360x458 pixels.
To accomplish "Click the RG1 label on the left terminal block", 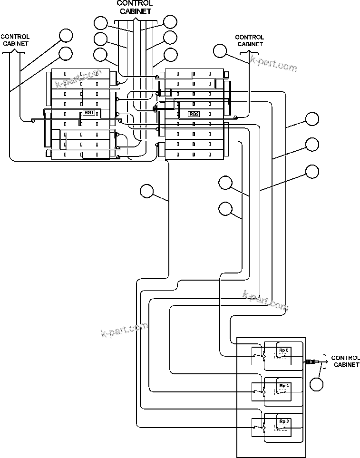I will (89, 112).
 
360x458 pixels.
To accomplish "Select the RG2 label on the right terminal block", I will (194, 114).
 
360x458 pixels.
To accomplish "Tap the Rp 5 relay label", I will (283, 351).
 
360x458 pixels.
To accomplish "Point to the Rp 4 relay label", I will (284, 385).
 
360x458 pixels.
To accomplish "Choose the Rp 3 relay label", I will (284, 421).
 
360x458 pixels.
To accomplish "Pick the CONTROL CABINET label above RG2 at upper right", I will (249, 40).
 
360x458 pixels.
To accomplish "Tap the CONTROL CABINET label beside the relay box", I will (345, 361).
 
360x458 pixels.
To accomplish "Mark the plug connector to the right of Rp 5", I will (311, 362).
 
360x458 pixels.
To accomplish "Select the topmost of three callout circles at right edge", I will (312, 118).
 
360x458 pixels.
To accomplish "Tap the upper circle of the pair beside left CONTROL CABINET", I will (66, 35).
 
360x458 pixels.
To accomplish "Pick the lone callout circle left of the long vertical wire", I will (147, 191).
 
